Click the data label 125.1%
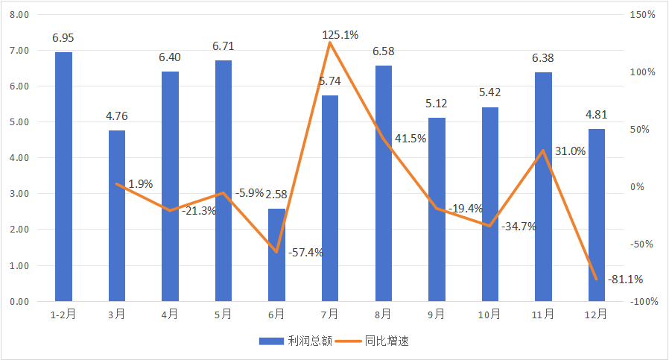coord(340,34)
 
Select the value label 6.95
coord(63,37)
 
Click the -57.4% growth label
coord(305,252)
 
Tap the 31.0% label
coord(570,151)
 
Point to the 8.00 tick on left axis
coord(20,15)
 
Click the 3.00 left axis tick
coord(20,194)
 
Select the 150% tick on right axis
coord(641,15)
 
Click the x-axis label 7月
coord(329,315)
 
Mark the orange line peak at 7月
coord(329,42)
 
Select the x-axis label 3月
coord(116,315)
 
